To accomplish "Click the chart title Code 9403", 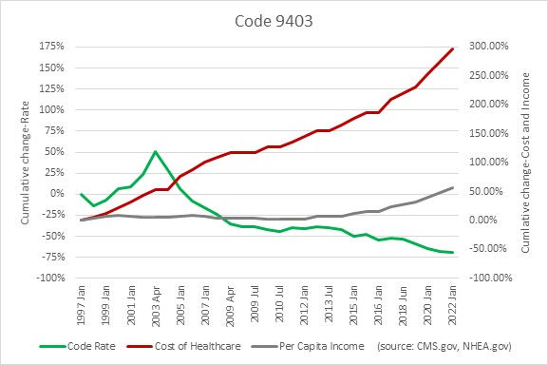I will [274, 18].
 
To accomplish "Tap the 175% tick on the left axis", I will [50, 47].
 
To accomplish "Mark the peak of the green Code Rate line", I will [156, 151].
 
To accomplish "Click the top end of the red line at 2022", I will [452, 48].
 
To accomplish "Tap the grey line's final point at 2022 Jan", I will [452, 188].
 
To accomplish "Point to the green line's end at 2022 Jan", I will [452, 253].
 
